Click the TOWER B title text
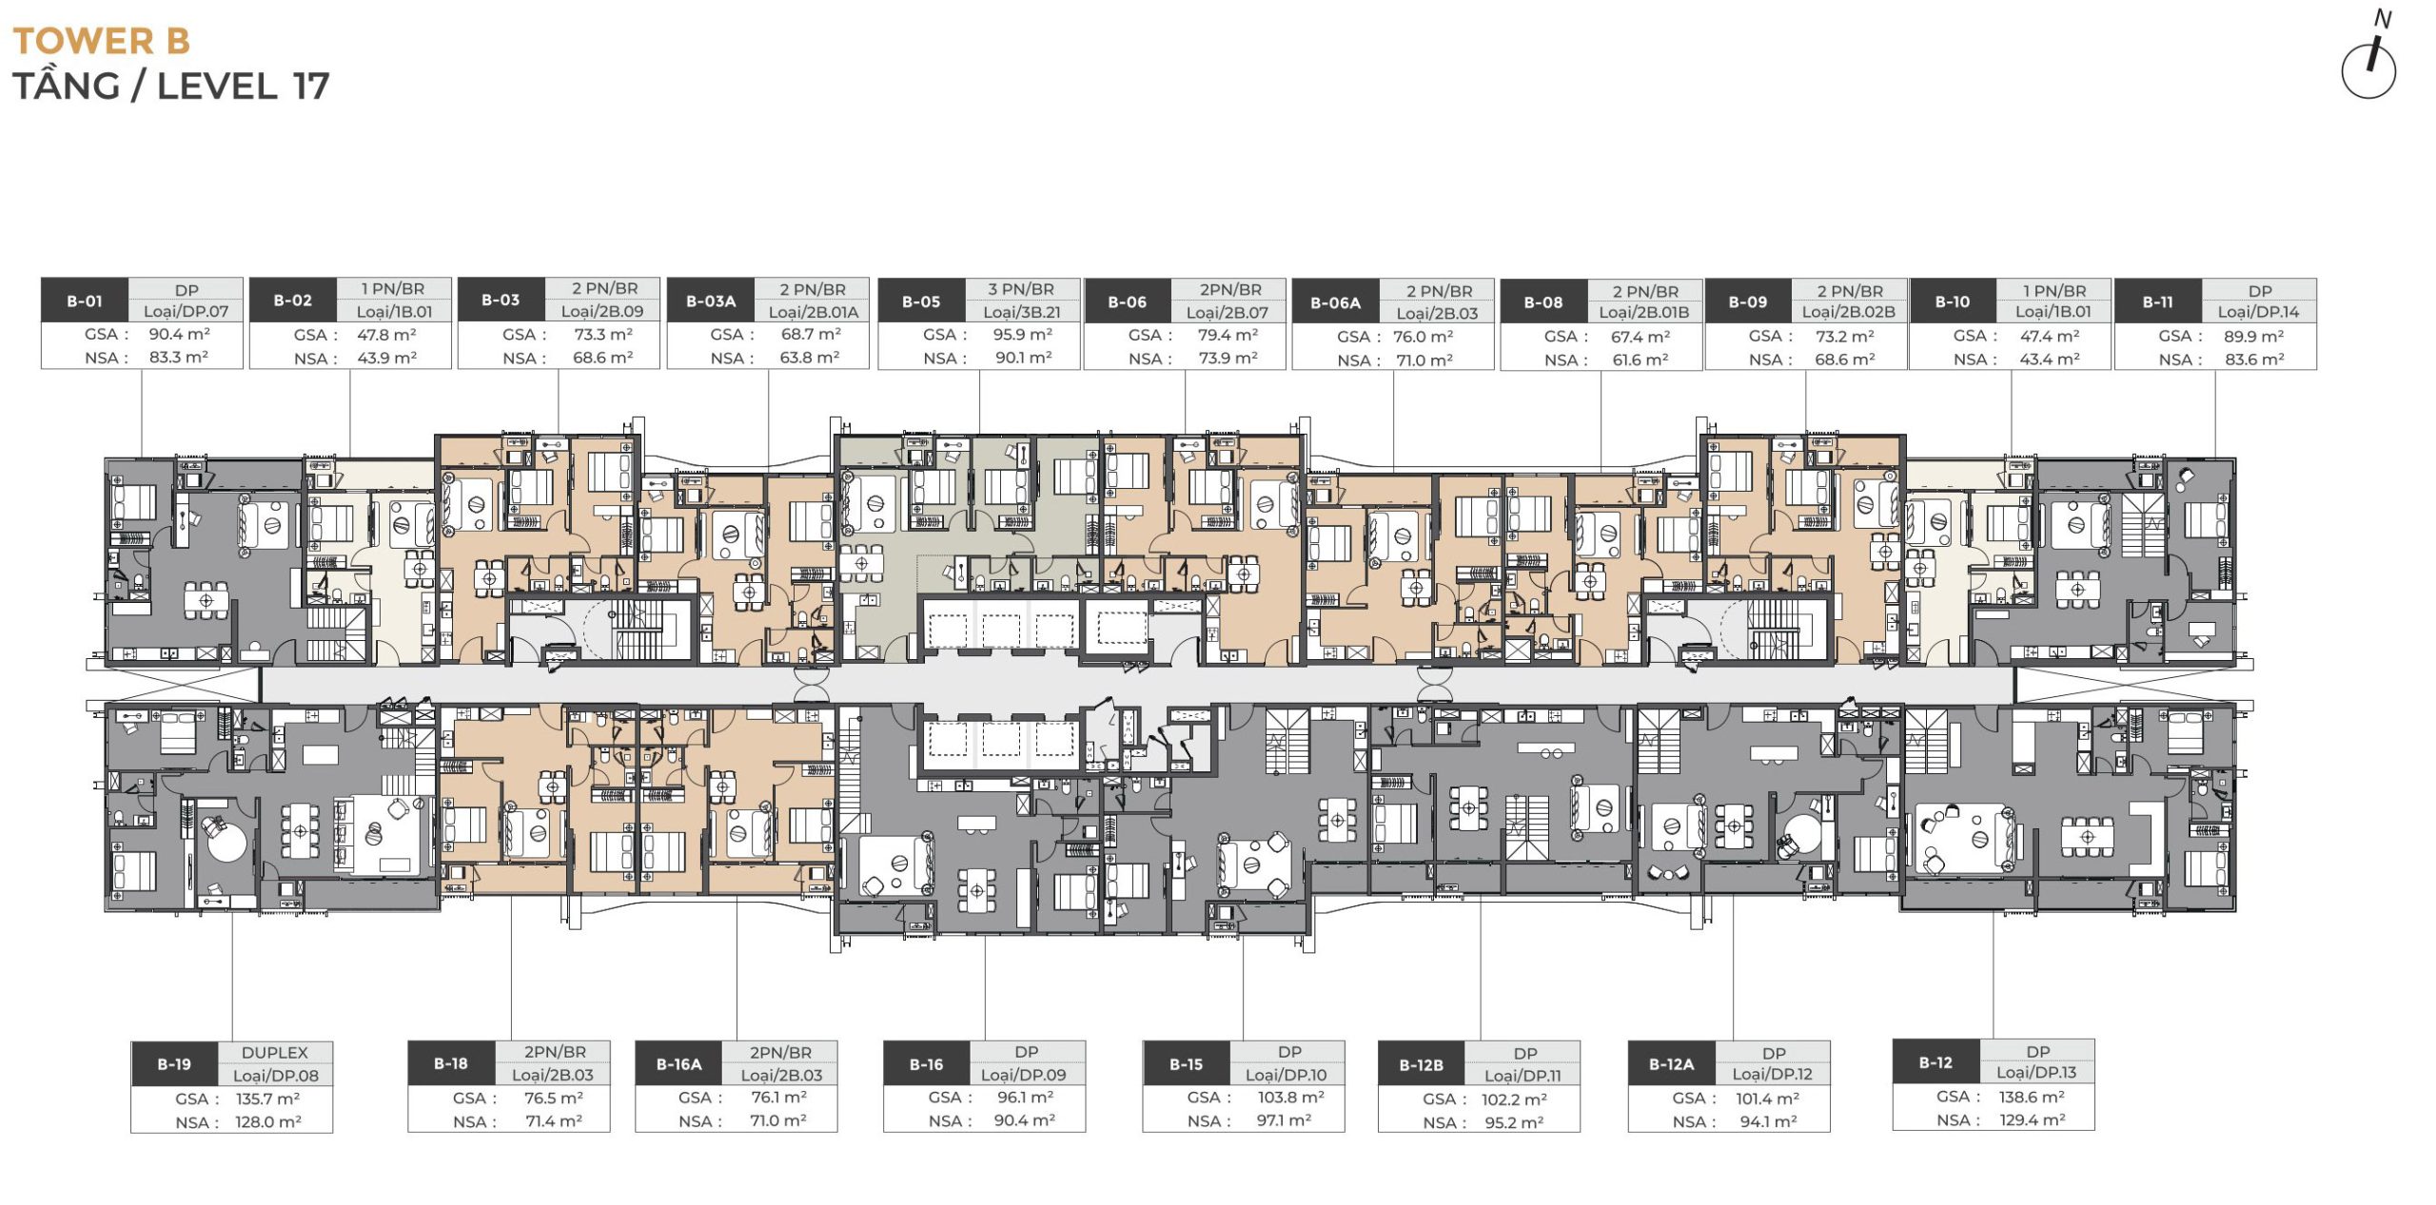click(x=101, y=41)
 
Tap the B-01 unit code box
click(x=85, y=301)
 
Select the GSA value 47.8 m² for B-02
click(x=387, y=335)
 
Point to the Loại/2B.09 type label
click(x=602, y=311)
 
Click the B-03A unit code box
click(x=712, y=301)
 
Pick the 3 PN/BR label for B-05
click(x=1021, y=289)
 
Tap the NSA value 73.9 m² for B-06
click(x=1228, y=358)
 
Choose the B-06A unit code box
click(x=1336, y=303)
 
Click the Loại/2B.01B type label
click(x=1644, y=312)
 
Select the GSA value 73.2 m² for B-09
click(x=1845, y=336)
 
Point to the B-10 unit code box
click(x=1953, y=301)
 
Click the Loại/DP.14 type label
click(x=2259, y=311)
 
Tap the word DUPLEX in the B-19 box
click(x=275, y=1053)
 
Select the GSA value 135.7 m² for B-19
click(x=268, y=1098)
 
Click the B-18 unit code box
click(x=451, y=1063)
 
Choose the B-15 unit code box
click(x=1187, y=1064)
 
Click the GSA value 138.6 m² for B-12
click(x=2032, y=1097)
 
